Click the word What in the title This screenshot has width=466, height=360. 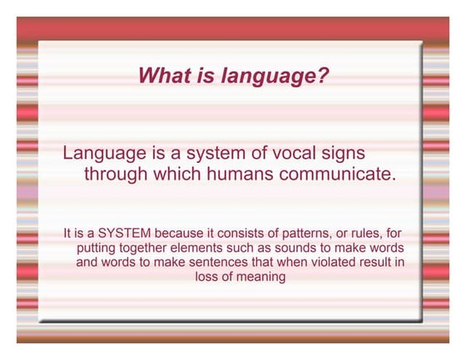(162, 76)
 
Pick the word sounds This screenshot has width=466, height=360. (305, 249)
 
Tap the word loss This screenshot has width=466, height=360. (210, 277)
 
